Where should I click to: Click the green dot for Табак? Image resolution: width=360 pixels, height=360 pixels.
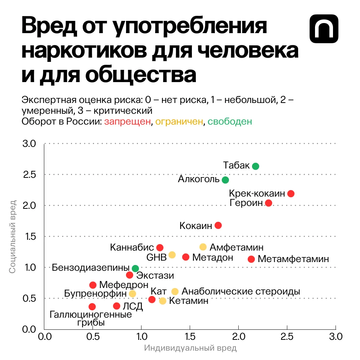[256, 166]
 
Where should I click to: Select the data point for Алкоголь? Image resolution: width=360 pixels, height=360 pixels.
[225, 180]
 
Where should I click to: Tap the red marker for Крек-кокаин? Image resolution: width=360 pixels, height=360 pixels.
[291, 194]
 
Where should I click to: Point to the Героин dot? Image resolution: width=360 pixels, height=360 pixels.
[268, 203]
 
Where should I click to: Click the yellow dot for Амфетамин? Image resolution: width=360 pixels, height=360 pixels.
[203, 247]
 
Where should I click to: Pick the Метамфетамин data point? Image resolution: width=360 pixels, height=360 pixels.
[251, 259]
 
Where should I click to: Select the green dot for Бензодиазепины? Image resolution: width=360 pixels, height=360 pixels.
[135, 268]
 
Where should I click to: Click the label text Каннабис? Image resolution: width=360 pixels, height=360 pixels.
[132, 248]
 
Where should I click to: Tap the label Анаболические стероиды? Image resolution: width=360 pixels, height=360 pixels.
[241, 292]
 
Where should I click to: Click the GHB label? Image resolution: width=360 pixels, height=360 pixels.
[157, 258]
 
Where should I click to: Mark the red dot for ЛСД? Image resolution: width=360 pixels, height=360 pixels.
[117, 306]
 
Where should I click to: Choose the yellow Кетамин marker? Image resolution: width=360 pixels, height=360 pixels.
[163, 301]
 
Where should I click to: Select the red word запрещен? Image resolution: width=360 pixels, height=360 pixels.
[127, 122]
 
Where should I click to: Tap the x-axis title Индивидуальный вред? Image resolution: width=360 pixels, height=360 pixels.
[190, 348]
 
